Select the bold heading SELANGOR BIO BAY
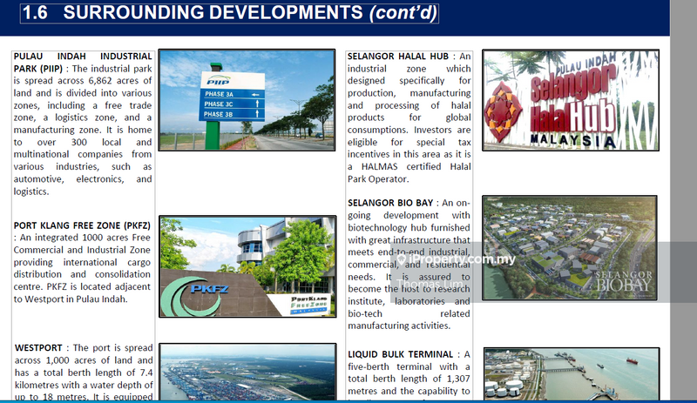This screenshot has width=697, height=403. (392, 203)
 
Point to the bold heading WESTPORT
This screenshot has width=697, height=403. (38, 348)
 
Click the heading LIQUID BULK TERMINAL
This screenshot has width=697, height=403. (401, 354)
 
